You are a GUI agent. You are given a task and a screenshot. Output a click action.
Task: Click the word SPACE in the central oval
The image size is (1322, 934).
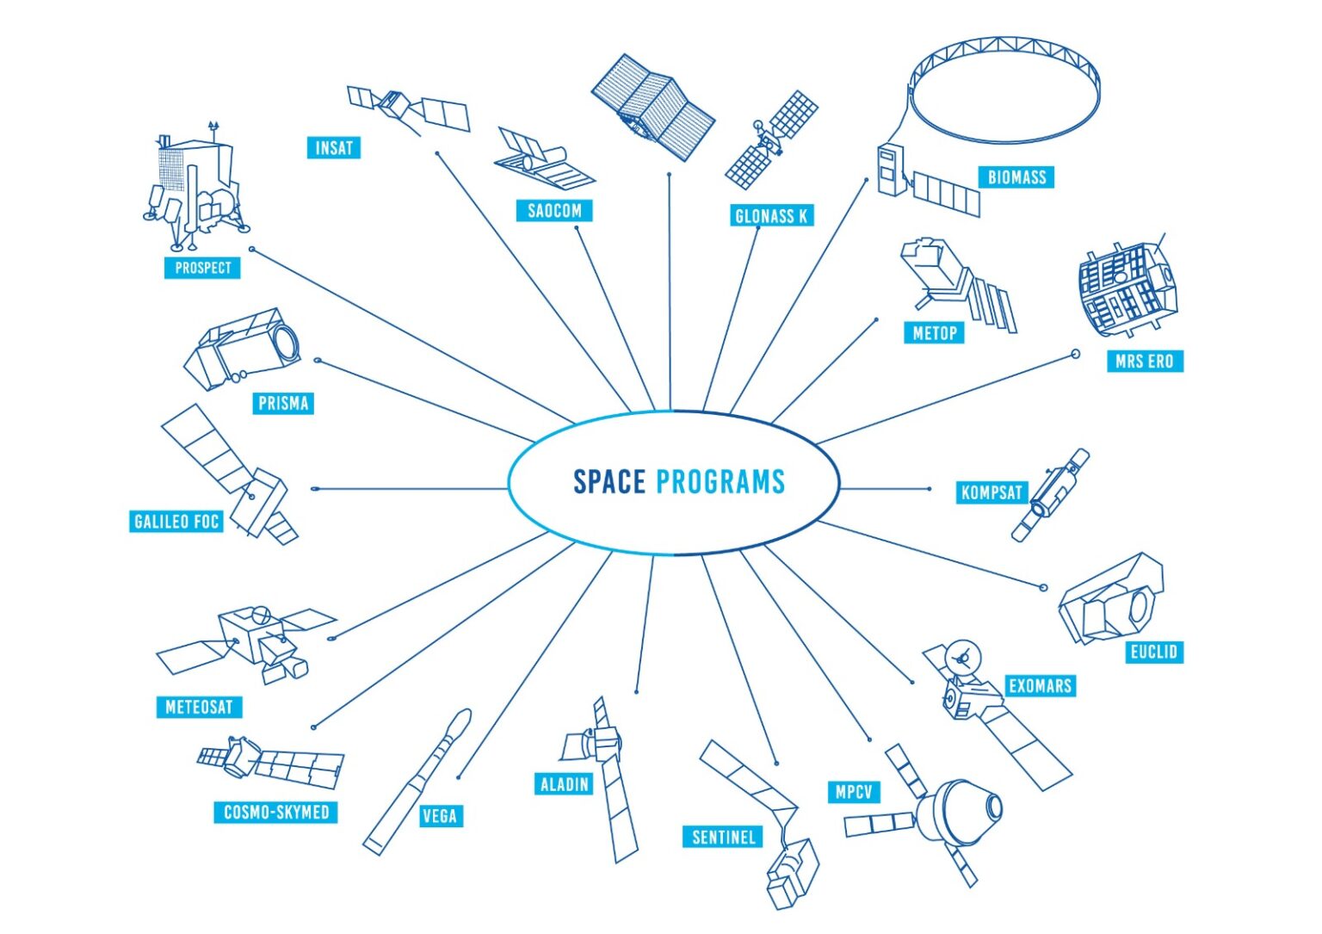pyautogui.click(x=609, y=481)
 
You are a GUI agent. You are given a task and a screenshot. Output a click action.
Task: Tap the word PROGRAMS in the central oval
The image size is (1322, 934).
pyautogui.click(x=720, y=481)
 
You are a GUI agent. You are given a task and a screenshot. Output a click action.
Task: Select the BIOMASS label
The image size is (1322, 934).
pyautogui.click(x=1016, y=177)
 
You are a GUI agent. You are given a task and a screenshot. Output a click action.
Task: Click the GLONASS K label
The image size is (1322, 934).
pyautogui.click(x=771, y=216)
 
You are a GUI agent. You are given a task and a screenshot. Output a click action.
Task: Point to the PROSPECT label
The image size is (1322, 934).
pyautogui.click(x=202, y=268)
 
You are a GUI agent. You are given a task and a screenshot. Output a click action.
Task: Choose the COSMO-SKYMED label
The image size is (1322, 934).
pyautogui.click(x=275, y=813)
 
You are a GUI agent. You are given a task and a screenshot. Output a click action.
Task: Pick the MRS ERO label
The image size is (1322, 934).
pyautogui.click(x=1145, y=362)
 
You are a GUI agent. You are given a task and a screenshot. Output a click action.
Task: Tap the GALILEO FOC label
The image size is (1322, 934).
pyautogui.click(x=176, y=522)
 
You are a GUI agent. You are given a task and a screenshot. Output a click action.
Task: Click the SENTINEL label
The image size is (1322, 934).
pyautogui.click(x=723, y=838)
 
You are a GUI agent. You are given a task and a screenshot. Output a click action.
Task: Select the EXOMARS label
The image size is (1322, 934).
pyautogui.click(x=1040, y=686)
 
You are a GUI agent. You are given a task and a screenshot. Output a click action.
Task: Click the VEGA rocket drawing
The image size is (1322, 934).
pyautogui.click(x=417, y=782)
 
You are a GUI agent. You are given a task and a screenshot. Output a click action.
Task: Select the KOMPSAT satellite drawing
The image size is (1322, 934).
pyautogui.click(x=1050, y=495)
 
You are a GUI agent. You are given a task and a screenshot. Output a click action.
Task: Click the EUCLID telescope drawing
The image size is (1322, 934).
pyautogui.click(x=1111, y=599)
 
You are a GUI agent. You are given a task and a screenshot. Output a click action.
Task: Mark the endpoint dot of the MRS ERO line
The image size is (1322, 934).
pyautogui.click(x=1075, y=355)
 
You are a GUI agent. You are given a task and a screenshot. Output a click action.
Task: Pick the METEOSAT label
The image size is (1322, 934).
pyautogui.click(x=199, y=707)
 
